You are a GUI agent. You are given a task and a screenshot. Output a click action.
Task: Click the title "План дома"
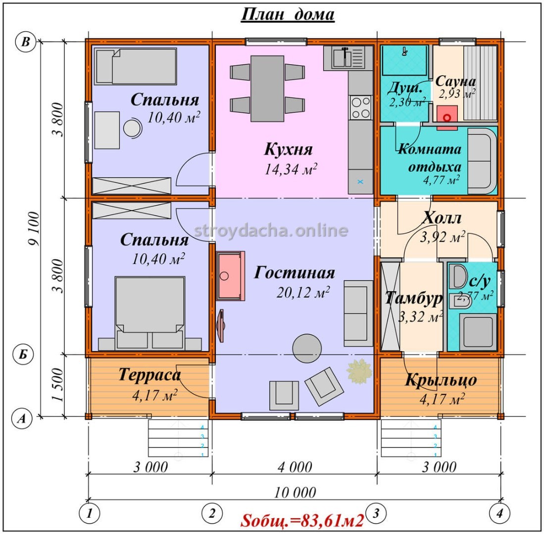click(x=288, y=14)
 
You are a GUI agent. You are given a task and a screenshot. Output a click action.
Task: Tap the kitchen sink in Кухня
click(x=345, y=58)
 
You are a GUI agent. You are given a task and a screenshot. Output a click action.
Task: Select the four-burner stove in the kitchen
click(x=360, y=107)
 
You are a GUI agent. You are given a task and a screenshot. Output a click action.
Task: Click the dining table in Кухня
click(x=267, y=89)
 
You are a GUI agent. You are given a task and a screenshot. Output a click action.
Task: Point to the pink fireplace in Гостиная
click(x=230, y=276)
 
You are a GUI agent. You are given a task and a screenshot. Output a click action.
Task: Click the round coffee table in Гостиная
click(x=307, y=348)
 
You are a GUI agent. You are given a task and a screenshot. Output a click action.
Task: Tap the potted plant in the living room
click(x=359, y=371)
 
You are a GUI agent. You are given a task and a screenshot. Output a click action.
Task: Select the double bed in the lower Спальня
click(x=150, y=312)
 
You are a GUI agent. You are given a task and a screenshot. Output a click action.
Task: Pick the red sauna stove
click(x=447, y=117)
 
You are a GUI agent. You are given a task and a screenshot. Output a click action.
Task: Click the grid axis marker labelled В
click(x=26, y=42)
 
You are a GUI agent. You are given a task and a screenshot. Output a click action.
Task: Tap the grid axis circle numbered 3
click(x=376, y=513)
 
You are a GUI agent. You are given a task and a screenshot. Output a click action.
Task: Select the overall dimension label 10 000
click(x=295, y=492)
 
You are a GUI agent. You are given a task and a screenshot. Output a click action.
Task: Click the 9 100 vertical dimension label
click(x=34, y=229)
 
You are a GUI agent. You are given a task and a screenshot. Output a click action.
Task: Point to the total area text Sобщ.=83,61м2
click(x=302, y=521)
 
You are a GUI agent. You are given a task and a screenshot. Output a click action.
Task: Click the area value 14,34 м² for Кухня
click(x=291, y=169)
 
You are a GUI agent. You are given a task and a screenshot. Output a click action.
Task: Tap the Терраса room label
click(x=149, y=375)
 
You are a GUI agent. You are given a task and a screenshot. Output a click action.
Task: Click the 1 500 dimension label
click(x=58, y=385)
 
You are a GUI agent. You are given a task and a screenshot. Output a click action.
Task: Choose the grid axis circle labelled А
click(x=22, y=419)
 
